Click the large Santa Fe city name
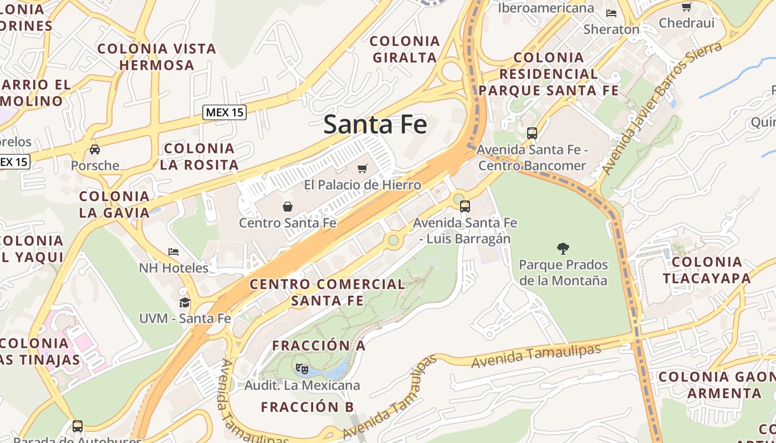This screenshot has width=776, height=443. coord(375,124)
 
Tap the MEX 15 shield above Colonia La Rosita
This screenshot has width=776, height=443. coord(224,112)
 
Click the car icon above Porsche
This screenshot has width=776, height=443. coord(95,149)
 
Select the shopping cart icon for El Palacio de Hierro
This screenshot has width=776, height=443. coord(363,168)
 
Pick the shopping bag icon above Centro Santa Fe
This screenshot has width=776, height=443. coord(288,207)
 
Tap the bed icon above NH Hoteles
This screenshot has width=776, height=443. coord(173,252)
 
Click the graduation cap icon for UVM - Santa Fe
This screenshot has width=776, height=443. coord(185,302)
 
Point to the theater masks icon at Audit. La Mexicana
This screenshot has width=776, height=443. coord(302,368)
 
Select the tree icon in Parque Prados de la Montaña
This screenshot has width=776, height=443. coord(563,249)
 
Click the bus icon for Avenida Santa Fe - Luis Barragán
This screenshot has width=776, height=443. coord(465,207)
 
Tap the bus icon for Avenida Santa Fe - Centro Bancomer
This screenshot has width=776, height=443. coord(532,133)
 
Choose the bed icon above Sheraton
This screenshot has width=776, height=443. coord(611,13)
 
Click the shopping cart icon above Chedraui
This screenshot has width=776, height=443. coord(686,7)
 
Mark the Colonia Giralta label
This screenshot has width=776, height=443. coord(405,49)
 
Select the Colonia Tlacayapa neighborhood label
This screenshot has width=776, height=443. coord(706,270)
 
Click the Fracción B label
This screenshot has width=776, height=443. coord(307,407)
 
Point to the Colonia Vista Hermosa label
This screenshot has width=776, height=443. coord(157,56)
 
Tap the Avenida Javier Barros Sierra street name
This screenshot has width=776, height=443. coord(662,109)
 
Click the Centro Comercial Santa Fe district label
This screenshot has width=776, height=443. coord(328,292)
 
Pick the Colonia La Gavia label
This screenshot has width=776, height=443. coord(114,204)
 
